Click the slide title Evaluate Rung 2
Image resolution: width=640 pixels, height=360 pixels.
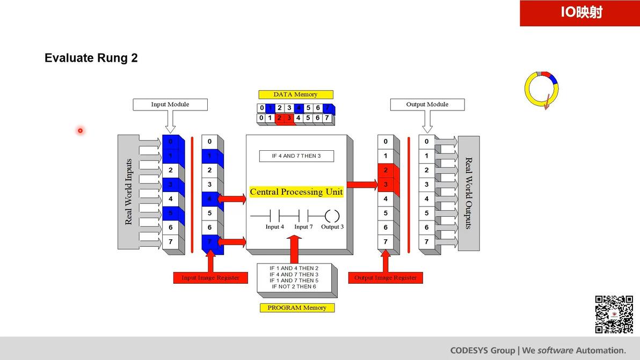(x=91, y=58)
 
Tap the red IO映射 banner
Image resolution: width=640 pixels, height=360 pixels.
(x=580, y=13)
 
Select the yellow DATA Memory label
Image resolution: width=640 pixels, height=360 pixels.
(x=295, y=94)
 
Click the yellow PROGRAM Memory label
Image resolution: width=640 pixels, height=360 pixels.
(x=297, y=307)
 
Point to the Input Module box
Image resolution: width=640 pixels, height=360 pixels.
(x=170, y=105)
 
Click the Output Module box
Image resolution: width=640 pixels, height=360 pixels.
(x=427, y=105)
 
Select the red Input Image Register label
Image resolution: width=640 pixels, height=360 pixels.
(x=210, y=278)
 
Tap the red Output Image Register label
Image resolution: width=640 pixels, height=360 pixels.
(x=386, y=278)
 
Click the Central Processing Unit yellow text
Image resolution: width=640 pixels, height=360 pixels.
(x=296, y=192)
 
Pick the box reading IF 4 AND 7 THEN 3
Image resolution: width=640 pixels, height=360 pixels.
(x=296, y=156)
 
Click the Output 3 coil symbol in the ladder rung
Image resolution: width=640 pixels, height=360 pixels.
(x=332, y=216)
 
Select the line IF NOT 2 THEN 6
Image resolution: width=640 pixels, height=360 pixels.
(x=293, y=287)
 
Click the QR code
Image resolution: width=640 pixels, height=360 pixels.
(x=614, y=314)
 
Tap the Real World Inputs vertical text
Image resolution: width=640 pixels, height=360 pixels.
(x=128, y=192)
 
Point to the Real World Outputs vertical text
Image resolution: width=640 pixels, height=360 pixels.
(x=468, y=193)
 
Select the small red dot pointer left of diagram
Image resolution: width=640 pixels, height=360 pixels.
(x=80, y=130)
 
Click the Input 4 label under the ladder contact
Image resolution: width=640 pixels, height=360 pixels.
(x=274, y=227)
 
